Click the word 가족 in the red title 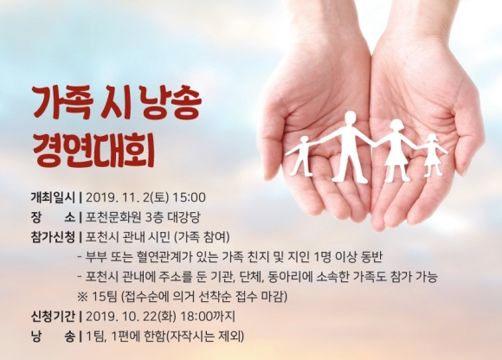(x=64, y=102)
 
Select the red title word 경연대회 (x=93, y=151)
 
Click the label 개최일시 (x=53, y=197)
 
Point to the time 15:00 (x=189, y=197)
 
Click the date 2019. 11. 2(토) (x=127, y=197)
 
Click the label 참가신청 (x=53, y=237)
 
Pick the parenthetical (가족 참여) (x=202, y=237)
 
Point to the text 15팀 (x=105, y=297)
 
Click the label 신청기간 (x=53, y=317)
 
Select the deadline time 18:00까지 (x=208, y=317)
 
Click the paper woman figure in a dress (x=396, y=151)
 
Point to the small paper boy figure (x=303, y=156)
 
